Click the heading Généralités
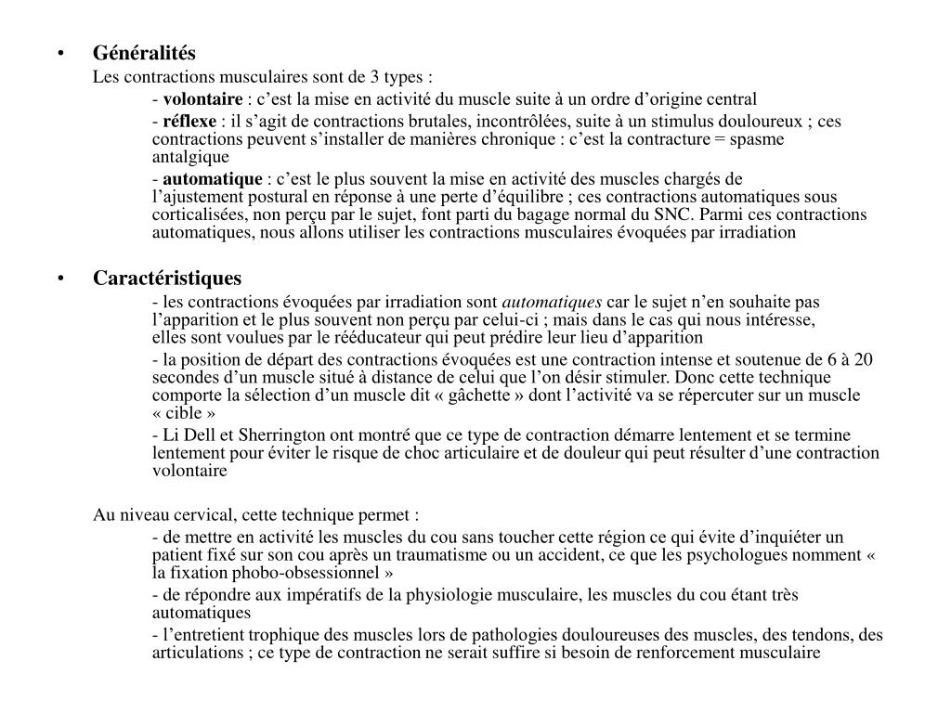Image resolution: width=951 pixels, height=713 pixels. (144, 54)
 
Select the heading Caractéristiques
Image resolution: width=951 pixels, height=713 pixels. (166, 279)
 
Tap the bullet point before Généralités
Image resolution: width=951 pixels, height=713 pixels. (60, 54)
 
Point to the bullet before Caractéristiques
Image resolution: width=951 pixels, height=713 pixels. (60, 279)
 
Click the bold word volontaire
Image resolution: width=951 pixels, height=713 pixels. (202, 99)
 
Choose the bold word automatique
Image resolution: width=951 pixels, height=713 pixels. (213, 178)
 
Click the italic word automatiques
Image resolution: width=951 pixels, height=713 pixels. (552, 302)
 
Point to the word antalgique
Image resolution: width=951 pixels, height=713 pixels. (190, 157)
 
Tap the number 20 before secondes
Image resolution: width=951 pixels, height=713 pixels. (863, 360)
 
